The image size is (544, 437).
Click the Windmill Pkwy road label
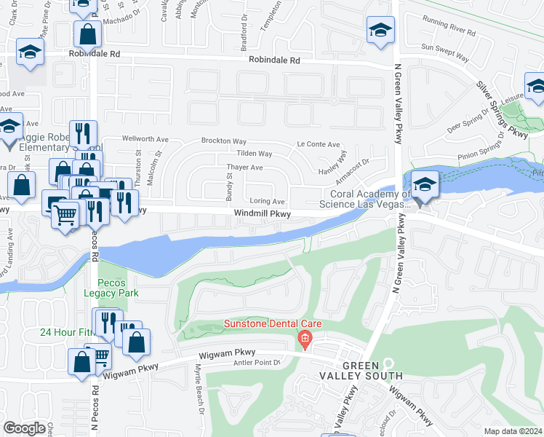(x=263, y=214)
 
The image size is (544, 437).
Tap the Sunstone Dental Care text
(x=272, y=324)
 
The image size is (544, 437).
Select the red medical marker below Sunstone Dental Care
(x=304, y=339)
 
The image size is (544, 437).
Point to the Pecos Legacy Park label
(x=116, y=287)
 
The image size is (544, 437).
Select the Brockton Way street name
(x=224, y=141)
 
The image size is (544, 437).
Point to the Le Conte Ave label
(x=318, y=145)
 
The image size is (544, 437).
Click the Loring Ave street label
(x=267, y=201)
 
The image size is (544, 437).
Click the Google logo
(x=24, y=428)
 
